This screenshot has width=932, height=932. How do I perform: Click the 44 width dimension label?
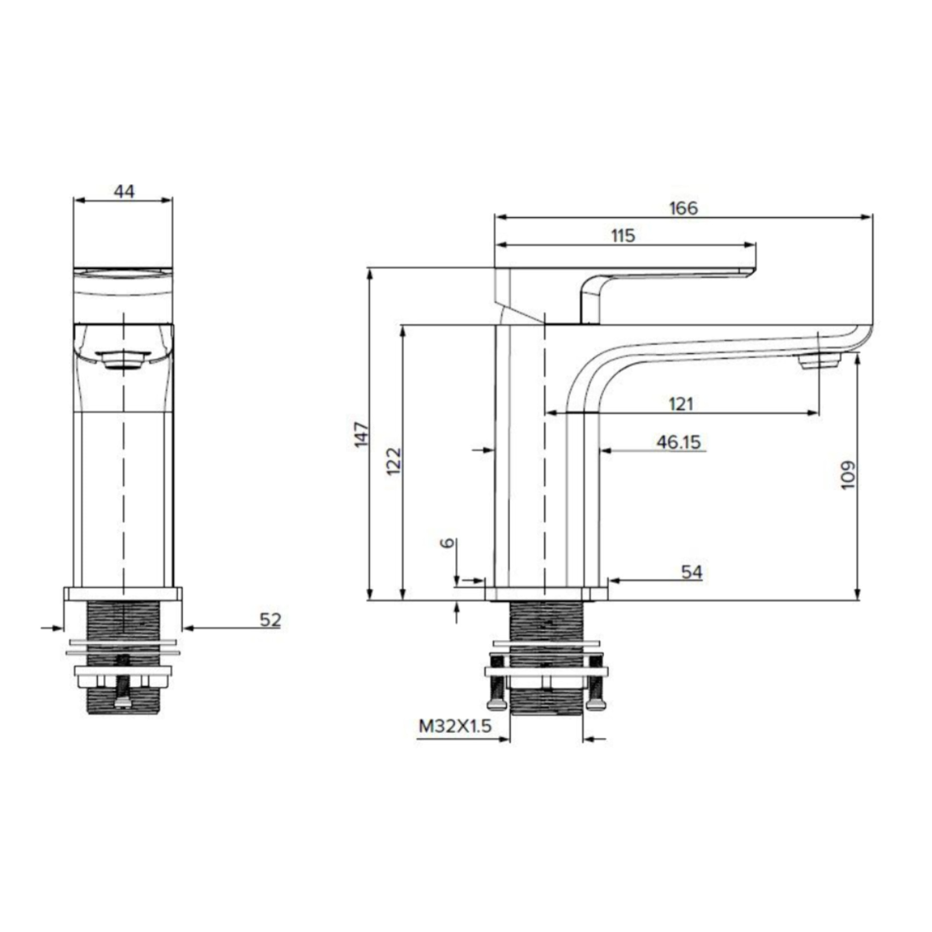[x=124, y=191]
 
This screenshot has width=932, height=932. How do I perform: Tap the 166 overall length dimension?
[x=683, y=208]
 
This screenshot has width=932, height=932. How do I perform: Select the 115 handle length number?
[x=623, y=236]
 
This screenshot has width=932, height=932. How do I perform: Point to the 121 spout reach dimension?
[x=681, y=404]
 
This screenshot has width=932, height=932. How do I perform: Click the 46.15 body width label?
[x=678, y=442]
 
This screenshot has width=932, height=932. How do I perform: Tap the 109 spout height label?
[x=848, y=475]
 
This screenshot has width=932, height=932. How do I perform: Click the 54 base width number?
[x=692, y=572]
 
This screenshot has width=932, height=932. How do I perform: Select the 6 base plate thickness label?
[x=447, y=543]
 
